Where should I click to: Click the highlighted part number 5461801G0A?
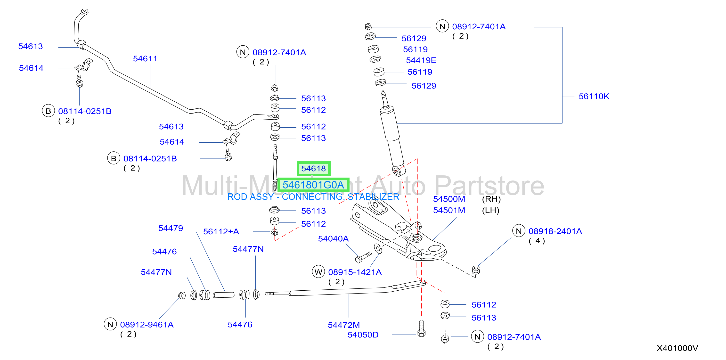tap(313, 185)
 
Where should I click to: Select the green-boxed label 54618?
tap(313, 169)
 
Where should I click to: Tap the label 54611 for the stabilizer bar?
tap(145, 59)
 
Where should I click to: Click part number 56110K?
tap(594, 96)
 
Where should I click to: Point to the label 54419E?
tap(421, 60)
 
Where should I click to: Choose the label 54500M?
tap(449, 199)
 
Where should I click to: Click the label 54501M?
tap(449, 210)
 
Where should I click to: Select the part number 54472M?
tap(344, 325)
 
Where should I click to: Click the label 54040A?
tap(334, 239)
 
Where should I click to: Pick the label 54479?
tap(171, 228)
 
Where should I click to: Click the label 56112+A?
tap(221, 231)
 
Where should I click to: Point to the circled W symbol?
tap(318, 272)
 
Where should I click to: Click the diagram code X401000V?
tap(677, 348)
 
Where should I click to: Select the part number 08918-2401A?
tap(555, 231)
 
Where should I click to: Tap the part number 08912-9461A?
tap(147, 325)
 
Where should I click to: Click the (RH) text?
tap(491, 199)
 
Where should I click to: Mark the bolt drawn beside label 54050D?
tap(421, 328)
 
